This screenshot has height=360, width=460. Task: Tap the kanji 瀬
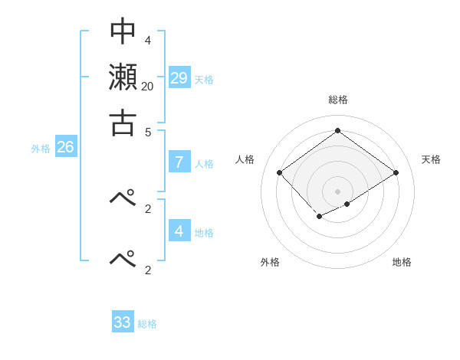[123, 77]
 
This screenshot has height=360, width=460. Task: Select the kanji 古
[123, 122]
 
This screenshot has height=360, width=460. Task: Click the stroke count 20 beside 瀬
[147, 86]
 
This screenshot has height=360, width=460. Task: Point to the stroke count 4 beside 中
[147, 40]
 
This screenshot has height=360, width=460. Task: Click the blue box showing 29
[179, 77]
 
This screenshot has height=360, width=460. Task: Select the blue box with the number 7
[179, 162]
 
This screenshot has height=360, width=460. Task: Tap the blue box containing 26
[65, 147]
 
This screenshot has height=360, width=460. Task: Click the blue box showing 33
[123, 322]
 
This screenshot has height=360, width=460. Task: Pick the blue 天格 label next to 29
[204, 80]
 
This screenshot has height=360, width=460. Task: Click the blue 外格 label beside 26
[41, 149]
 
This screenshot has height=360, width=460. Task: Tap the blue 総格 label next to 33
[147, 325]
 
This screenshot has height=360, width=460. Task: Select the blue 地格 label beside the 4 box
[204, 233]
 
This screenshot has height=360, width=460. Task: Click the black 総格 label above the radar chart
[337, 100]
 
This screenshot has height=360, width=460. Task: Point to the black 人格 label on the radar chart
[245, 159]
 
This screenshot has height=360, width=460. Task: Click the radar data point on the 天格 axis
[396, 173]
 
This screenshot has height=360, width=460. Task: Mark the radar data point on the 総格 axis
[337, 131]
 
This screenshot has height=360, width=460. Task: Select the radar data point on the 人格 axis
[280, 173]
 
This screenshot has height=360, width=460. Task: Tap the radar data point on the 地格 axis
[347, 204]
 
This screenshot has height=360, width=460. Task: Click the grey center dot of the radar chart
[337, 191]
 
